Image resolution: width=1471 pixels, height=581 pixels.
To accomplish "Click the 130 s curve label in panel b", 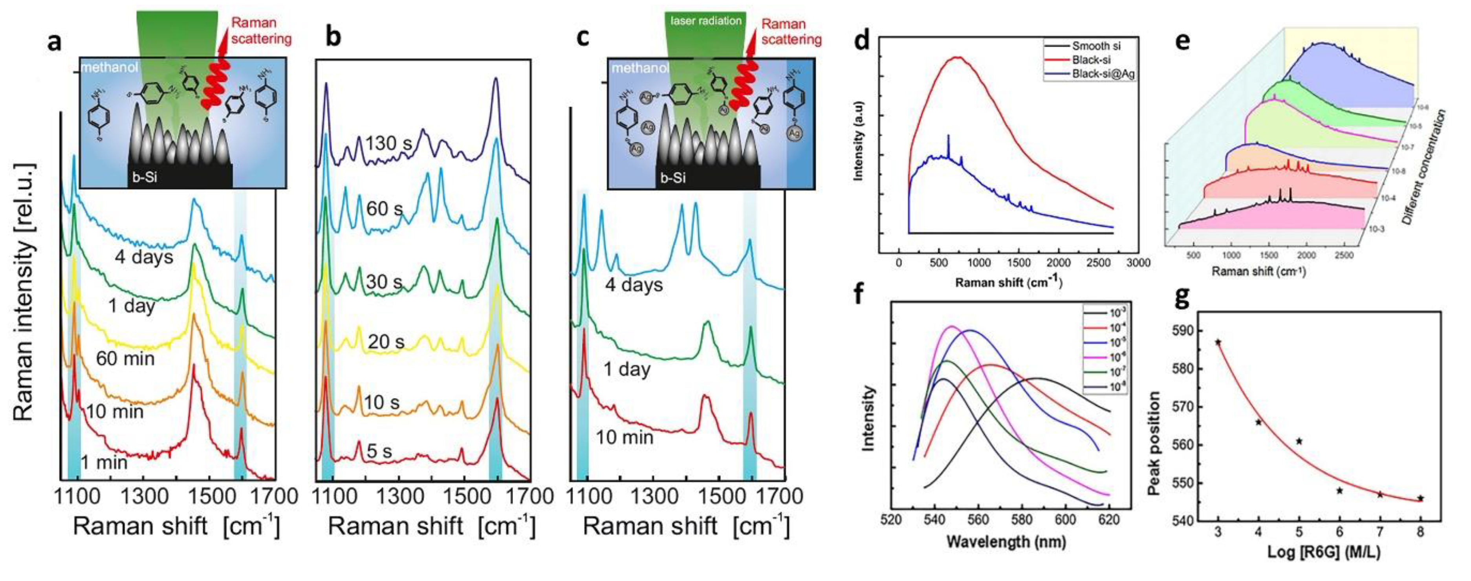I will [x=388, y=143].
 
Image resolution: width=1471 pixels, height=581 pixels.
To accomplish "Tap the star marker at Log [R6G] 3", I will [x=1218, y=342].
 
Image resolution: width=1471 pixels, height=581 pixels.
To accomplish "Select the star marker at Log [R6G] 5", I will [x=1299, y=441].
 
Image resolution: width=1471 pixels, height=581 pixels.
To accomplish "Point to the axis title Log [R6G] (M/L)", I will [x=1324, y=552].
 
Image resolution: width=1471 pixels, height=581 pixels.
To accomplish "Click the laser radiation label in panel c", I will [x=706, y=21].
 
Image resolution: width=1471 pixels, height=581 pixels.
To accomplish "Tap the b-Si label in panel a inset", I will [x=145, y=177].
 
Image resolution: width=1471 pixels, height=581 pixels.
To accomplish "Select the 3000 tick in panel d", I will [x=1138, y=263].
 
